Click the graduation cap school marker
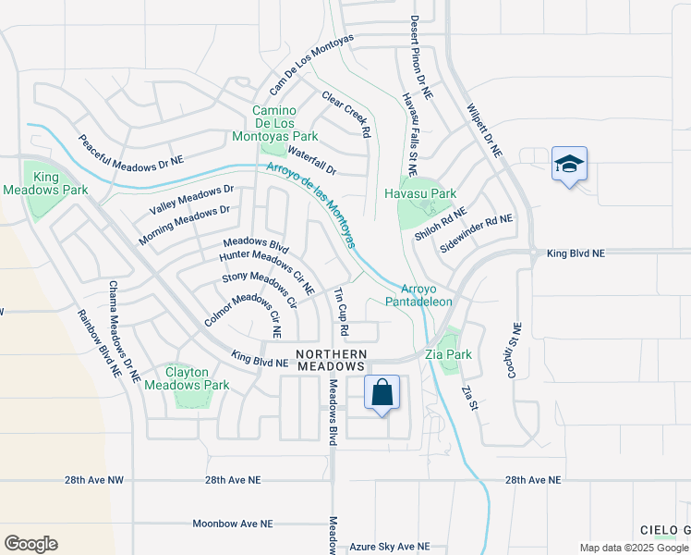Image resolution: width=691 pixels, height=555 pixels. coord(569,166)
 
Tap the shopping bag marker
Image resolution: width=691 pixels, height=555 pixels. coord(382,393)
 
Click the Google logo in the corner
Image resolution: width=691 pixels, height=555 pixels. coord(30,544)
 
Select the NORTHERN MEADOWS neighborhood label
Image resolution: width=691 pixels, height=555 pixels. coord(332,361)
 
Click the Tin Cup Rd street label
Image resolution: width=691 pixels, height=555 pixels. coord(341,311)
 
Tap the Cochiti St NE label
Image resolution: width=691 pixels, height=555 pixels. coord(517,345)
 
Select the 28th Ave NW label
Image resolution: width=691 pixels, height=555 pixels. coord(95,481)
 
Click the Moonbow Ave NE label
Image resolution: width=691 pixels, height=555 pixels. coord(233,524)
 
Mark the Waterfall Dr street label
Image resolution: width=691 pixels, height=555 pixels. coord(312,159)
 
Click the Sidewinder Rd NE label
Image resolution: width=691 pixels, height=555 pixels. coord(476,234)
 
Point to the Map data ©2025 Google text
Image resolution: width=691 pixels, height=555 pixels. coord(634,548)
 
